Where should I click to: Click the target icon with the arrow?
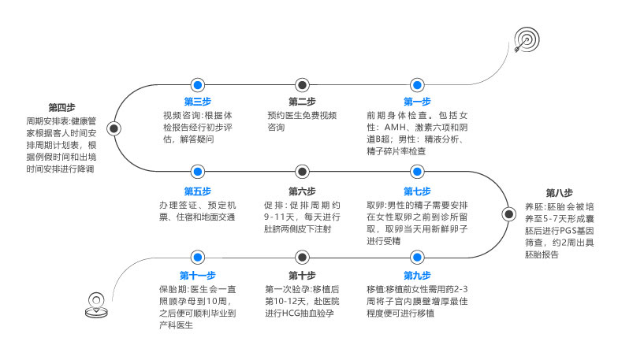(527, 39)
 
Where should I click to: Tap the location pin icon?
(96, 305)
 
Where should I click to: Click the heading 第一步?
(417, 101)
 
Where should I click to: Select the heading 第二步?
(302, 101)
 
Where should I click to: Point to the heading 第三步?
(197, 101)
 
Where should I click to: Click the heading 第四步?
(61, 107)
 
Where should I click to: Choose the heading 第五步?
(197, 191)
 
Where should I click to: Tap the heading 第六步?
(302, 191)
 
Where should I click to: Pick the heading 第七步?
(417, 191)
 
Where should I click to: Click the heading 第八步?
(560, 192)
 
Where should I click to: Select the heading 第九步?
(417, 276)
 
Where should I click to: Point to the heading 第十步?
(302, 276)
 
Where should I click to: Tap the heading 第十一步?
(197, 276)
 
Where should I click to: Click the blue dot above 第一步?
(417, 85)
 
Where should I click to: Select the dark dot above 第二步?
(302, 85)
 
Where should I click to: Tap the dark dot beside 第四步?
(114, 128)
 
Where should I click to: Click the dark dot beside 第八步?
(509, 214)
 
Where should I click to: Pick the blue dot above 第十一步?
(197, 257)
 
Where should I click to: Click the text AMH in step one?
(395, 128)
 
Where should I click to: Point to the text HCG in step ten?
(291, 314)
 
